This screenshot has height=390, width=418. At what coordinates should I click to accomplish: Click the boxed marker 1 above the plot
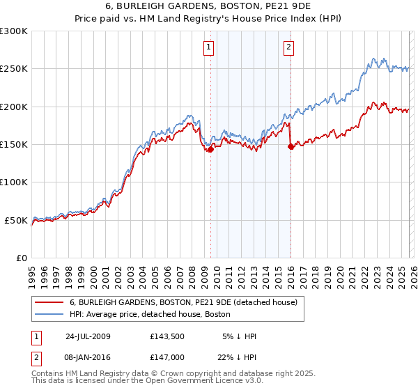tap(209, 47)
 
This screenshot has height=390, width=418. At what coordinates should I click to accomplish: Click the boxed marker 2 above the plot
tap(288, 47)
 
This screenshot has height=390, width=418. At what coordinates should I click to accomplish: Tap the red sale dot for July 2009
tap(210, 149)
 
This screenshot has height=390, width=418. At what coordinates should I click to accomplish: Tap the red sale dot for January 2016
tap(291, 146)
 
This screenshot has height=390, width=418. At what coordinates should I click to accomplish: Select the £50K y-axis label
tap(17, 220)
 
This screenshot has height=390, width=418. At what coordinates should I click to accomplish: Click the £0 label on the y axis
tap(21, 258)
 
